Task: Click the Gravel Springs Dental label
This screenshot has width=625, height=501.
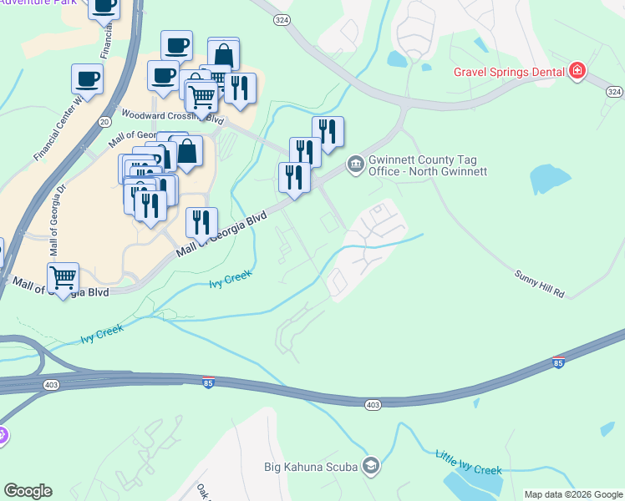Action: point(510,71)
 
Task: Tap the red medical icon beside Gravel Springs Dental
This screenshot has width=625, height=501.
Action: point(577,71)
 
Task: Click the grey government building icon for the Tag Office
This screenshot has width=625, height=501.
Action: point(355,162)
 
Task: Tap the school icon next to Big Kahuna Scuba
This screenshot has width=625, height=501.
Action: point(370,465)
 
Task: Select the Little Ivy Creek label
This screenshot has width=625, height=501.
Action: point(468,462)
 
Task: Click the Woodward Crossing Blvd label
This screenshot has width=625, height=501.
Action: point(163,114)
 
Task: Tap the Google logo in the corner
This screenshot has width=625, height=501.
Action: point(28,491)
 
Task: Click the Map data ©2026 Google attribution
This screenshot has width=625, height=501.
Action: point(573,494)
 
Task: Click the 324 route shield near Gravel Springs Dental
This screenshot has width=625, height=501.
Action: point(614,91)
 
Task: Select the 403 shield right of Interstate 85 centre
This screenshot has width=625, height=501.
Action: point(373,404)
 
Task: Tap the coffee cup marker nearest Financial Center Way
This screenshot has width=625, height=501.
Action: point(87,79)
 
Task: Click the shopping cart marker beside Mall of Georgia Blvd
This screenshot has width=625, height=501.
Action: point(63,276)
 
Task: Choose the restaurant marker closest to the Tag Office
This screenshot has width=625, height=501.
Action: point(328,131)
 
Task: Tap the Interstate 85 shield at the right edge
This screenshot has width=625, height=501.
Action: point(558,362)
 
